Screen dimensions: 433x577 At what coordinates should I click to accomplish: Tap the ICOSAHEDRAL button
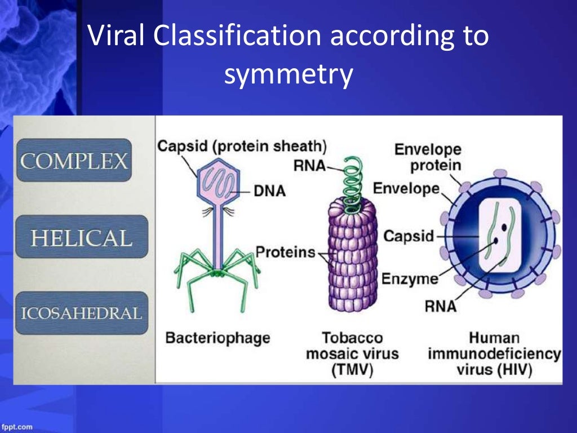point(81,313)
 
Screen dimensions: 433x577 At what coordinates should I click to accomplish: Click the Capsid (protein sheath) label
point(242,146)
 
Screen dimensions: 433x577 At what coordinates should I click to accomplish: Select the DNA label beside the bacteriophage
point(269,192)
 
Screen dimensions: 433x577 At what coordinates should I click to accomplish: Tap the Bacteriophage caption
point(217,338)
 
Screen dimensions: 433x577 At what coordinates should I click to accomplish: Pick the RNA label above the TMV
point(309,166)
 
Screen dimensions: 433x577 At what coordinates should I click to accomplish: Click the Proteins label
point(285,252)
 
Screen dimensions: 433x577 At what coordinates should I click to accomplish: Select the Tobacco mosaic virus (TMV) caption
point(352,354)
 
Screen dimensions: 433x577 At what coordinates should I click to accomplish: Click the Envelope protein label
point(428,158)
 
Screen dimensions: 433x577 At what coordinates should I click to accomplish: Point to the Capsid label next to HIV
point(409,236)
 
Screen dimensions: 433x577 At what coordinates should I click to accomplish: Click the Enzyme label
point(410,279)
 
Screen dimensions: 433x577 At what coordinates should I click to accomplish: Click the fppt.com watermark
point(17,427)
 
